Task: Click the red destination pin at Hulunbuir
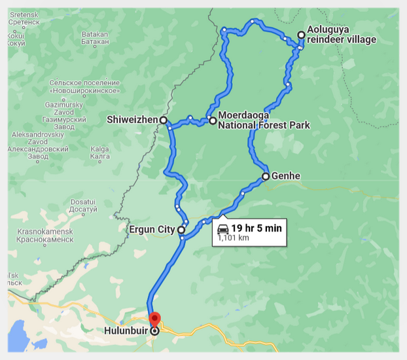(154, 319)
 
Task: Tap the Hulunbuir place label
(126, 331)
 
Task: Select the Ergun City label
(151, 230)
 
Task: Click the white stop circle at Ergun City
(181, 230)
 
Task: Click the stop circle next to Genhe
(266, 176)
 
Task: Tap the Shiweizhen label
(132, 120)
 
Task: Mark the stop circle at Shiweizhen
(163, 120)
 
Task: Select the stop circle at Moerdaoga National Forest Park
(213, 120)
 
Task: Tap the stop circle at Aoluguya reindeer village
(301, 35)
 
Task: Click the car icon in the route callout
(222, 228)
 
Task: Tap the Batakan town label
(95, 37)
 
